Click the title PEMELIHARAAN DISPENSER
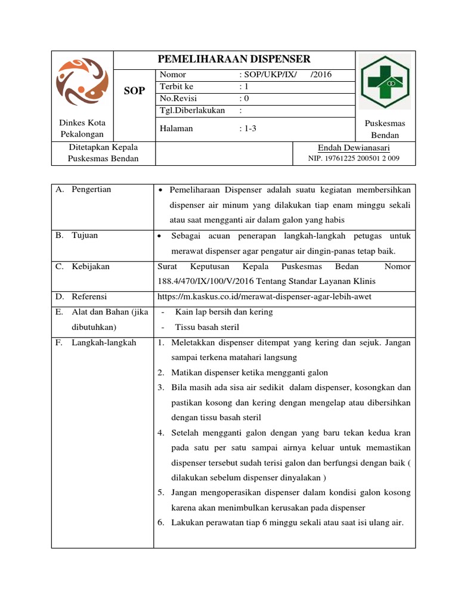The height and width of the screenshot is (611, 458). click(x=234, y=59)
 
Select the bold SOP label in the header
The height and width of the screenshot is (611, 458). click(x=134, y=91)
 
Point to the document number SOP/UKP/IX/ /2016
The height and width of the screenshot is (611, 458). click(x=286, y=75)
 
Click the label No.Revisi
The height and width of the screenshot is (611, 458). click(x=178, y=98)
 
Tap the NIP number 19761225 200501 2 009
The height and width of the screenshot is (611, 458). click(x=354, y=159)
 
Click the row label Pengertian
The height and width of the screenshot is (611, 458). click(x=91, y=190)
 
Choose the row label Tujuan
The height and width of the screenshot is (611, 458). click(x=85, y=236)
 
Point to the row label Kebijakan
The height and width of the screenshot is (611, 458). click(x=91, y=267)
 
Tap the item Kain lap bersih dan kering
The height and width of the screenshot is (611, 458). click(x=224, y=312)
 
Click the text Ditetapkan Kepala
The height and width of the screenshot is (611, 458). click(x=103, y=147)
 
